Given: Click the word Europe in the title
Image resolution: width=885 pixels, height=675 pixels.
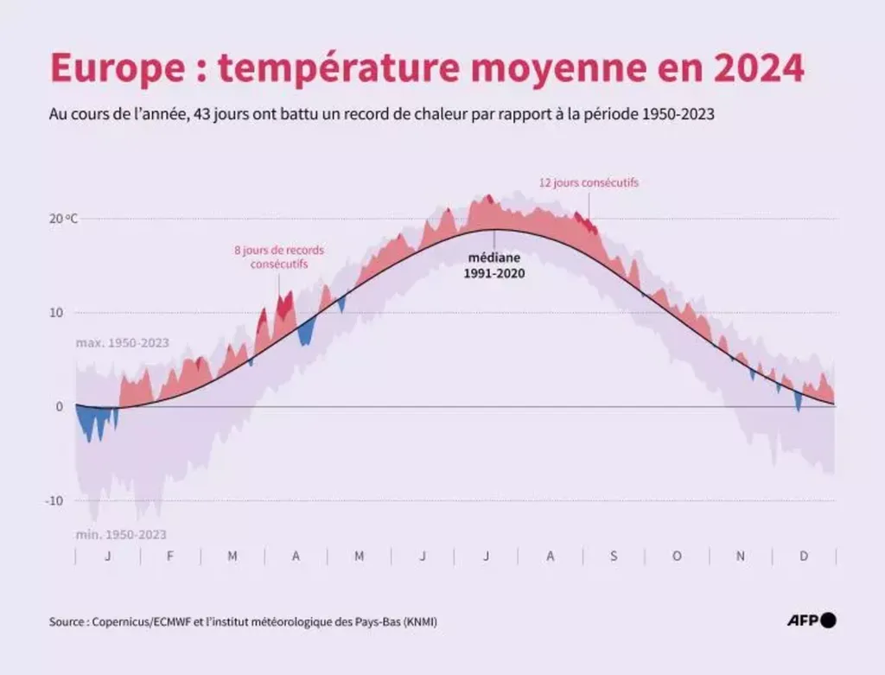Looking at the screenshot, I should [105, 67].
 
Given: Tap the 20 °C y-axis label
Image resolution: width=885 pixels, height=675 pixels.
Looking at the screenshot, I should [63, 219].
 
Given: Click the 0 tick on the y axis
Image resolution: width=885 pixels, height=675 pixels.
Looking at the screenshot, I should [59, 406].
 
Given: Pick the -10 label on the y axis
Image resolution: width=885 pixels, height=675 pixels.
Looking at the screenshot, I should [54, 500].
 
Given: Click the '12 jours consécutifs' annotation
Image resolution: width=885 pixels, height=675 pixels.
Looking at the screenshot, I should [589, 183].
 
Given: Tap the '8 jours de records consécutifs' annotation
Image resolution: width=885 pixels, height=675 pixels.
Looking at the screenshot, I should [279, 257].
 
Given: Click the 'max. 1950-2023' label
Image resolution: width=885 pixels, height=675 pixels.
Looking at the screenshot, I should [122, 343].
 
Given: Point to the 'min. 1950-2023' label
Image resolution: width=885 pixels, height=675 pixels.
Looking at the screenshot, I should [120, 534].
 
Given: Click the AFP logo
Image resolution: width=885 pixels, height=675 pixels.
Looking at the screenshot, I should [812, 620].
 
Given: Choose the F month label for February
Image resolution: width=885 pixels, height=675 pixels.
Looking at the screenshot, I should [169, 556].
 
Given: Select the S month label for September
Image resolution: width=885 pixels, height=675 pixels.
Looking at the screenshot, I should [614, 556].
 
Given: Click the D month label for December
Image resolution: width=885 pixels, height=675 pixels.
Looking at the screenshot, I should [804, 556].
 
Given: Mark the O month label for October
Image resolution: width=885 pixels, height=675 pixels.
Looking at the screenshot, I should [677, 556].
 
